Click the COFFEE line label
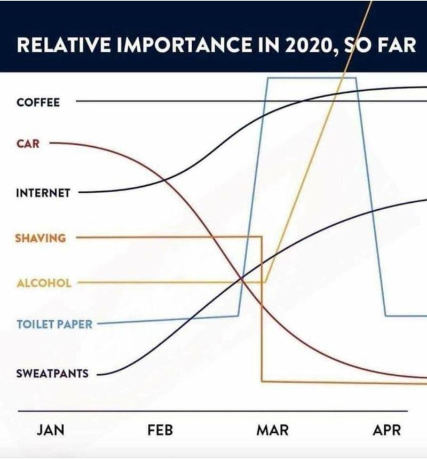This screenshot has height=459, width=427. click(38, 102)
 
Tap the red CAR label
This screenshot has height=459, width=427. click(28, 144)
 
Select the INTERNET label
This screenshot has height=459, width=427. click(43, 193)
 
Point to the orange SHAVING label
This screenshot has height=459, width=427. click(41, 238)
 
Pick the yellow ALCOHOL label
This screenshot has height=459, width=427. click(44, 283)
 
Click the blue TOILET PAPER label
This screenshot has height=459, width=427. click(54, 325)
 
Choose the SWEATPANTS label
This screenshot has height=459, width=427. click(52, 374)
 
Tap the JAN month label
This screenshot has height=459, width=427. click(51, 430)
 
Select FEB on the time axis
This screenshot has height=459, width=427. click(160, 430)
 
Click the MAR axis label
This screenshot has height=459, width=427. click(273, 430)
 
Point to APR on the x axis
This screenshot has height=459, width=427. click(387, 430)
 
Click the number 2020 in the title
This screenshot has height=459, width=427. click(308, 45)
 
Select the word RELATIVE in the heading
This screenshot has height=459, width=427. click(64, 45)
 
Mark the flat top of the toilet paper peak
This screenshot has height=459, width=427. click(312, 78)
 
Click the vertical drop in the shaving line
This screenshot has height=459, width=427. click(262, 308)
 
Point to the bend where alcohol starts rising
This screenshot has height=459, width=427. click(265, 282)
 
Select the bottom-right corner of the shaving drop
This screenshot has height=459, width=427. click(262, 381)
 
